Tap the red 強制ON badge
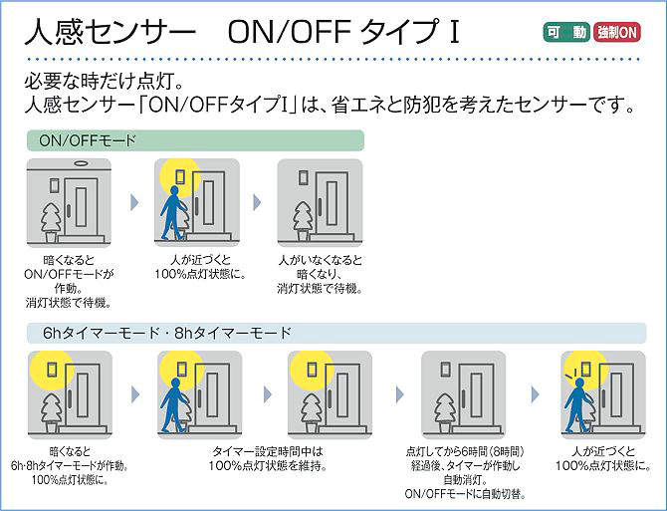pyautogui.click(x=617, y=32)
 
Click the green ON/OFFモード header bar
pyautogui.click(x=195, y=140)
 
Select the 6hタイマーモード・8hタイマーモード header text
pyautogui.click(x=167, y=333)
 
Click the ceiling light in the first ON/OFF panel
pyautogui.click(x=80, y=163)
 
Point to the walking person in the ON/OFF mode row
pyautogui.click(x=173, y=213)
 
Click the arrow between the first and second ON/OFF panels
pyautogui.click(x=134, y=202)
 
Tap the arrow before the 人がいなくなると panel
pyautogui.click(x=257, y=202)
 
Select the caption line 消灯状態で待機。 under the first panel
pyautogui.click(x=68, y=303)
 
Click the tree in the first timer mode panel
pyautogui.click(x=51, y=411)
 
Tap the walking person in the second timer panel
pyautogui.click(x=174, y=405)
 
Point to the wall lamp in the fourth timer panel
pyautogui.click(x=445, y=369)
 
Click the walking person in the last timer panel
pyautogui.click(x=578, y=405)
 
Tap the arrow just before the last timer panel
pyautogui.click(x=536, y=394)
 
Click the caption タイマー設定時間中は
pyautogui.click(x=268, y=451)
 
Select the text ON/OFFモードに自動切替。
pyautogui.click(x=465, y=494)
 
